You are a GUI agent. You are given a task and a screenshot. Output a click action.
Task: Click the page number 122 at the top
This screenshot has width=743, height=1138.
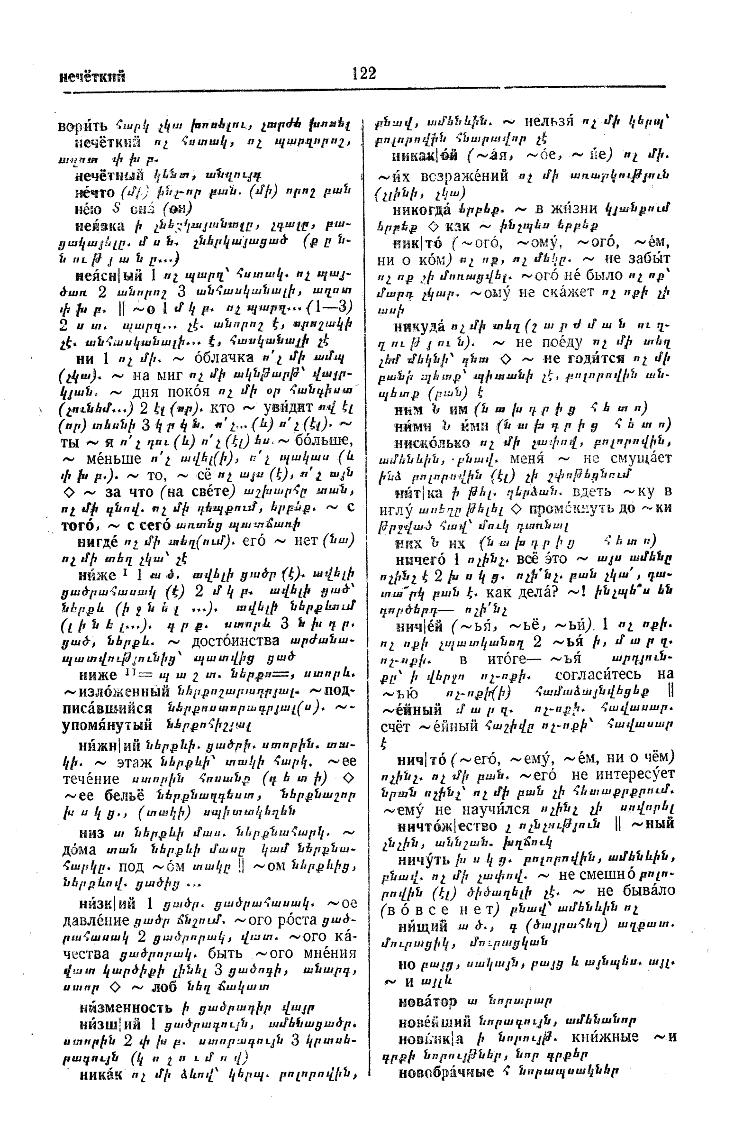[364, 73]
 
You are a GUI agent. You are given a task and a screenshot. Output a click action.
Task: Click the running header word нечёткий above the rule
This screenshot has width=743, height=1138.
[92, 76]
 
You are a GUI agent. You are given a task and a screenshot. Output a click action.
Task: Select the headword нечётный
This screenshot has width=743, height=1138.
[112, 175]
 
